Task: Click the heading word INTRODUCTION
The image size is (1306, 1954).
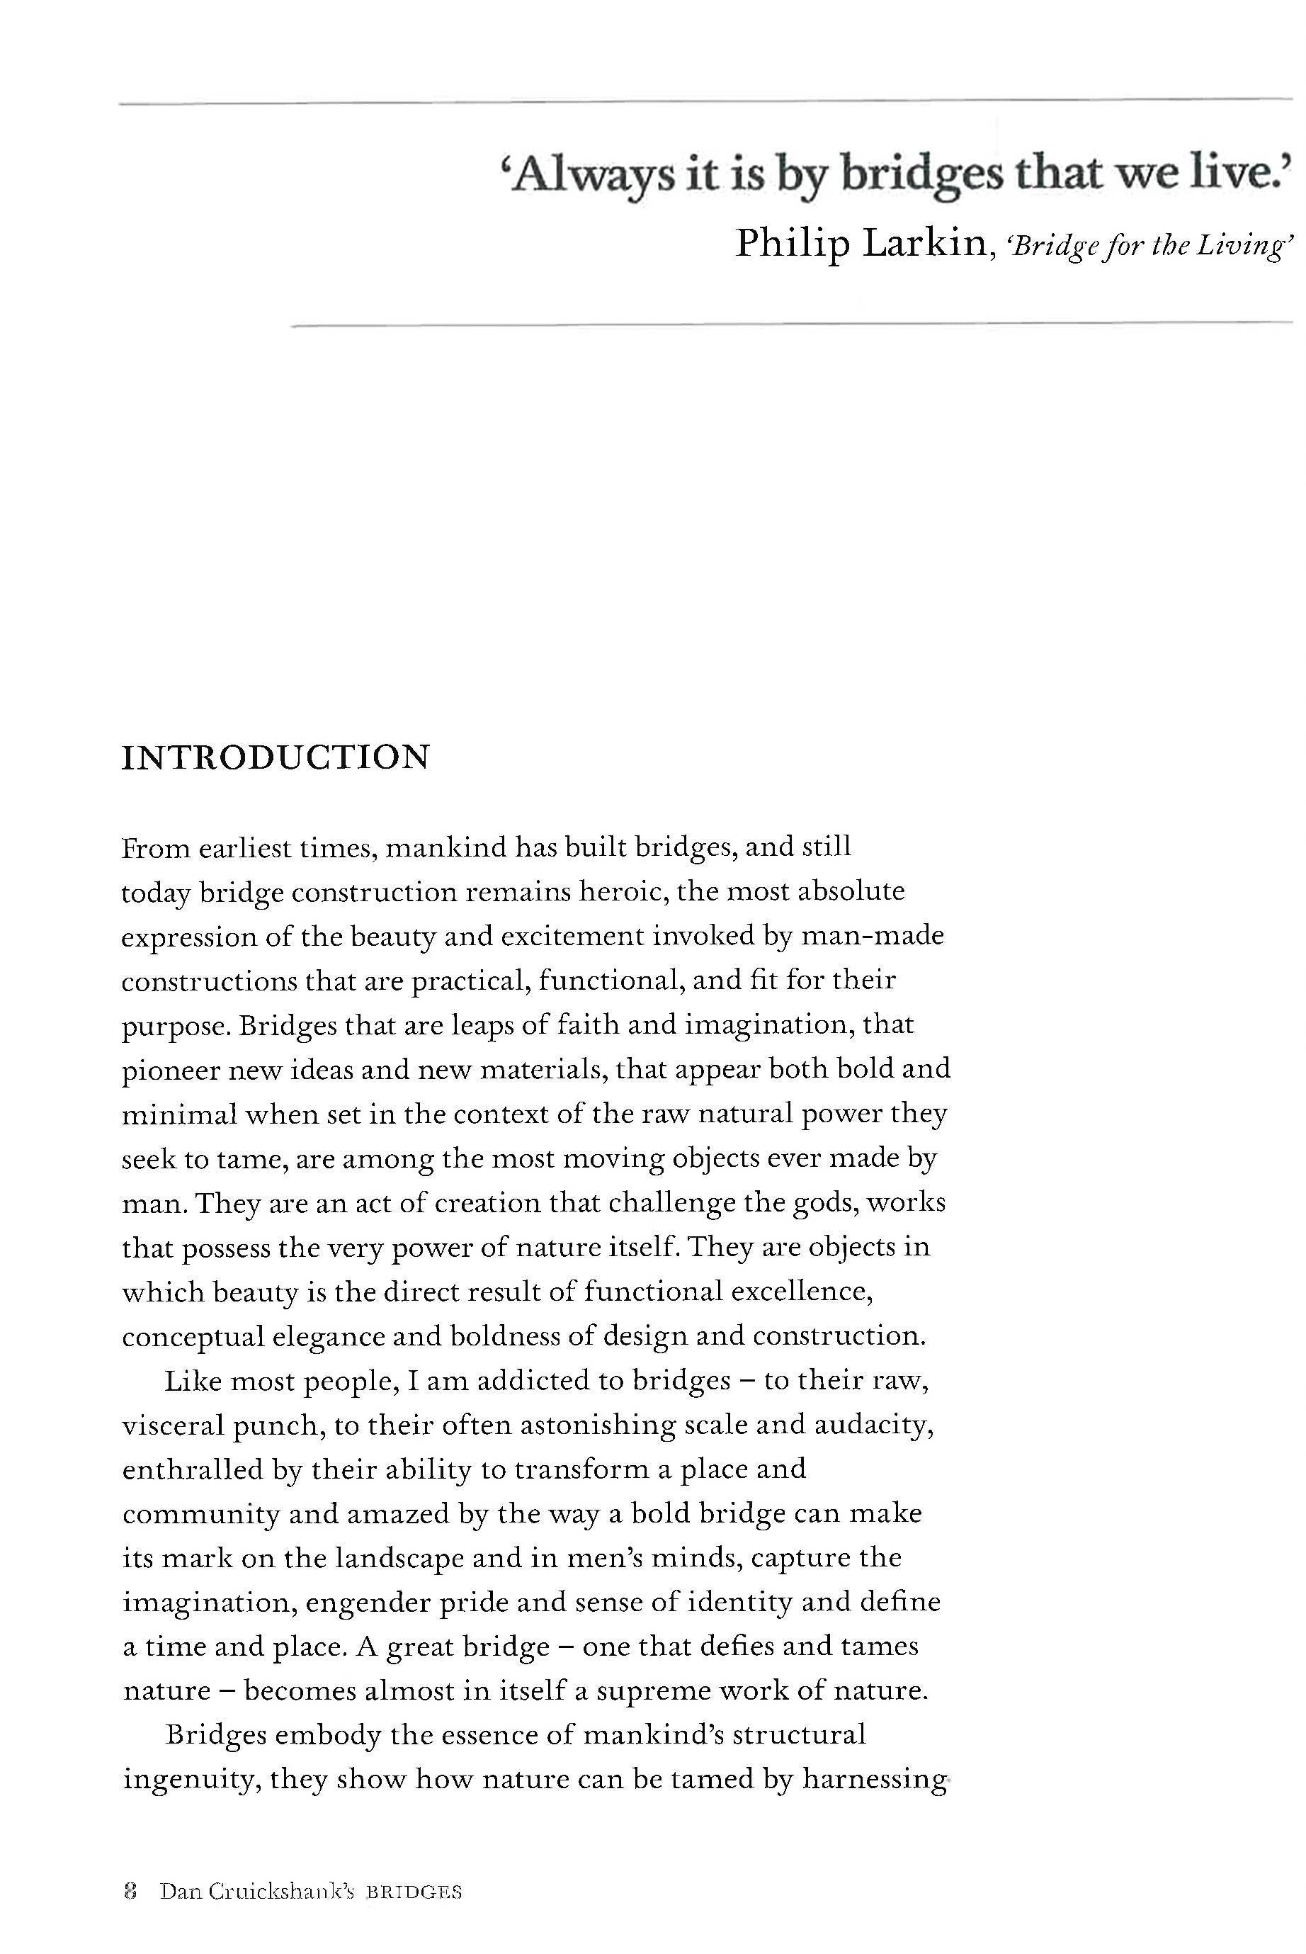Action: [x=276, y=757]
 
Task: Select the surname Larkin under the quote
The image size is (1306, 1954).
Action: [x=924, y=244]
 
